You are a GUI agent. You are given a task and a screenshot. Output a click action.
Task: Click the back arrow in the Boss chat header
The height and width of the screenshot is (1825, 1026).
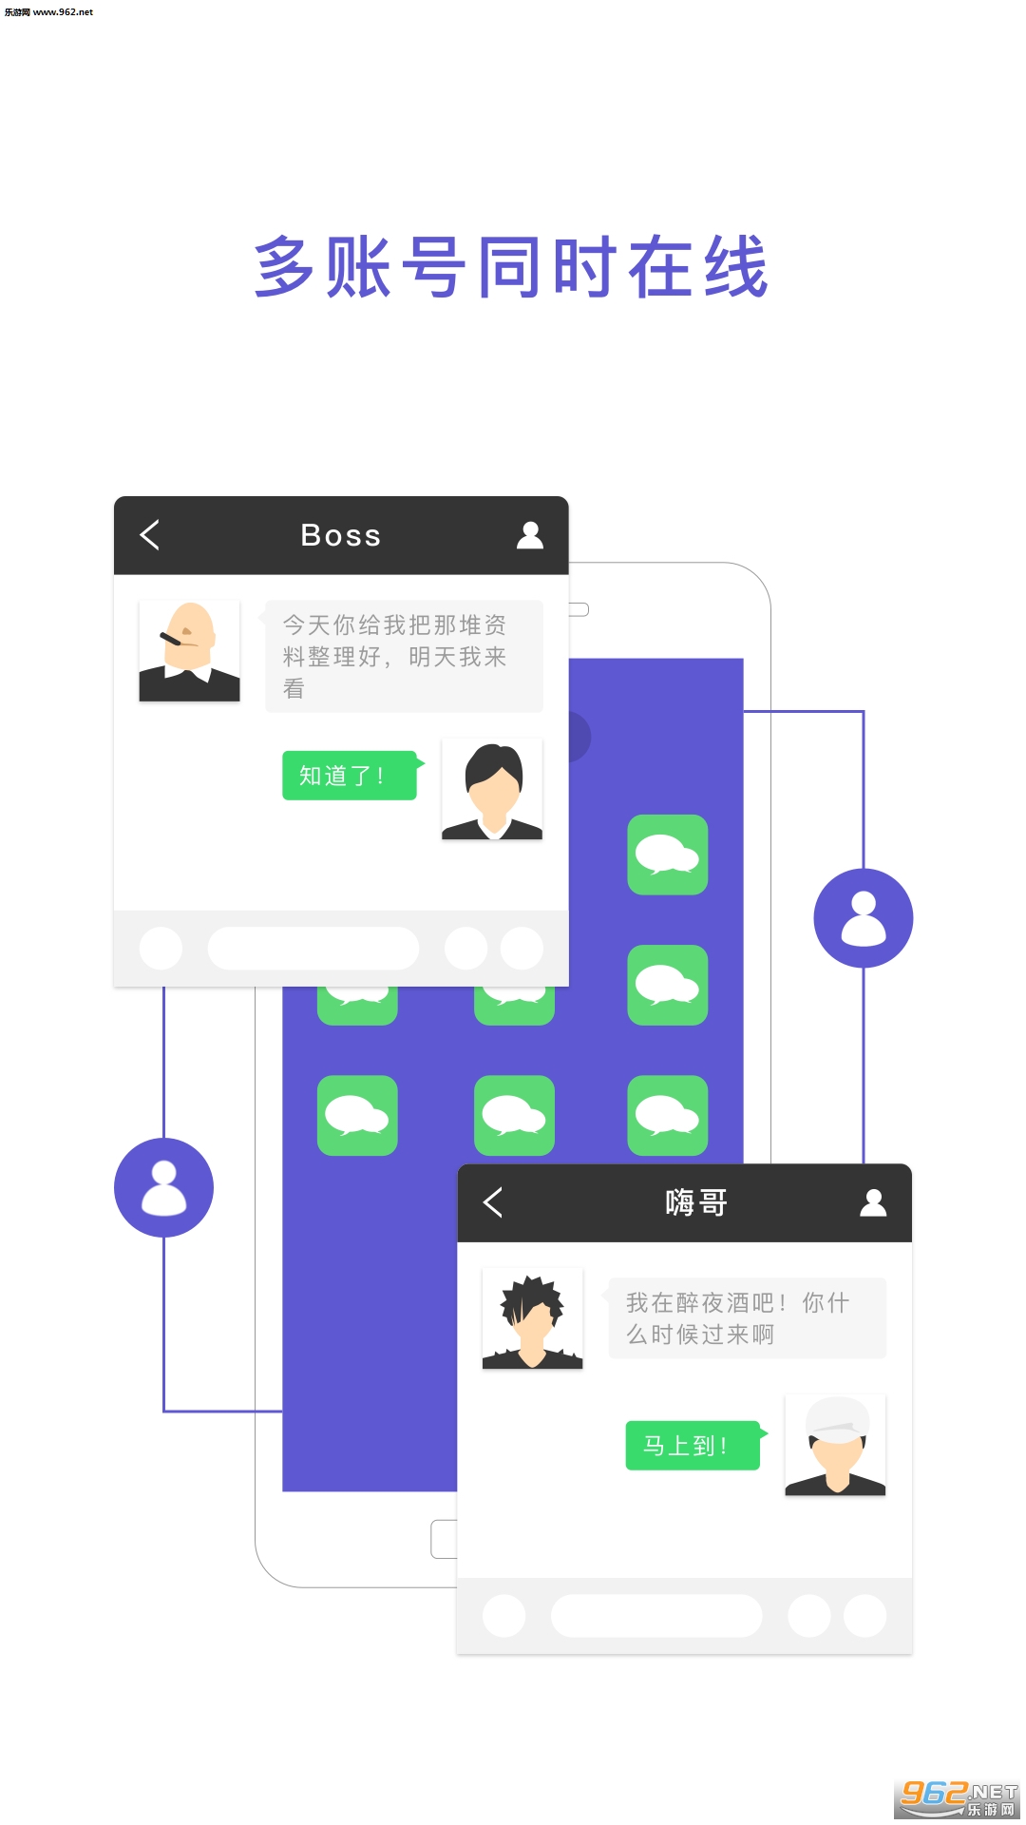(x=150, y=535)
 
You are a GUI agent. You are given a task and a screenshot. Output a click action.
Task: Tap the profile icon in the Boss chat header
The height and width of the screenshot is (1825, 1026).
(x=530, y=535)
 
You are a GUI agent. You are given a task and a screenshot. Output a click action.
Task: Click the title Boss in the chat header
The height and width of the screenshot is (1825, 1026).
(x=340, y=536)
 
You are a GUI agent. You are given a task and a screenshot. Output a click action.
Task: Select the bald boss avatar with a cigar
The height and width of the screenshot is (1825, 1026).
(x=189, y=651)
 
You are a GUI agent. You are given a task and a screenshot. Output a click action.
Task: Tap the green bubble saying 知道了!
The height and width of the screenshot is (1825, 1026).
(x=350, y=776)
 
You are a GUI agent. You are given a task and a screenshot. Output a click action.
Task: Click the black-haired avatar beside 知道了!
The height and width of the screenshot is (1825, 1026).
(x=492, y=790)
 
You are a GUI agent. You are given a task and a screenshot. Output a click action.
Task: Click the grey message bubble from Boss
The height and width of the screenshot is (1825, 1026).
(x=404, y=656)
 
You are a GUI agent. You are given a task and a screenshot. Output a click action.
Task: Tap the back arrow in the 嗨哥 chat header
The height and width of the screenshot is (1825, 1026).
(x=493, y=1202)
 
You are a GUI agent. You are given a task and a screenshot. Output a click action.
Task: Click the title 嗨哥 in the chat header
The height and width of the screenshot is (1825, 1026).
(x=696, y=1203)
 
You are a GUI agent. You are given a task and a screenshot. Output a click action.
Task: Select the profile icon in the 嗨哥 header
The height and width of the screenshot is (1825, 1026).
(x=873, y=1203)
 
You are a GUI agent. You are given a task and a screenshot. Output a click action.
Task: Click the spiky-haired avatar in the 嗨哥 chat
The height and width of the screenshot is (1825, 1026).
(x=532, y=1318)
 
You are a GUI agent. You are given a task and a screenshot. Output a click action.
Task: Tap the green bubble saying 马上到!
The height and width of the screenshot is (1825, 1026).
(x=693, y=1446)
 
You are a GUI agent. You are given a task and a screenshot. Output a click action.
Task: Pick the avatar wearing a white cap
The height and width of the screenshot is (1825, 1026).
(x=835, y=1445)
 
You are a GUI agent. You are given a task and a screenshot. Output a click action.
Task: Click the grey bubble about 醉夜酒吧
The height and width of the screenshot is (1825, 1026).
(x=747, y=1318)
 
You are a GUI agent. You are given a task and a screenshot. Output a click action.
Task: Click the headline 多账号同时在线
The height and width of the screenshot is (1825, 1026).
(x=511, y=268)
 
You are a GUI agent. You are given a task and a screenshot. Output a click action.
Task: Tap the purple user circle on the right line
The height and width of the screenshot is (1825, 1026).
(x=863, y=918)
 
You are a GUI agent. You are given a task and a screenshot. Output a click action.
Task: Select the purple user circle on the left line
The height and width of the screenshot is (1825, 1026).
(x=163, y=1188)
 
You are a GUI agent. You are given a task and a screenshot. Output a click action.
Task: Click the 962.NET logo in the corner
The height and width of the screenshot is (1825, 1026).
(x=958, y=1797)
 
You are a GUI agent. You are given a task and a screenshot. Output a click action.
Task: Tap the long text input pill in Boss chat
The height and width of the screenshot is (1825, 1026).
(x=313, y=949)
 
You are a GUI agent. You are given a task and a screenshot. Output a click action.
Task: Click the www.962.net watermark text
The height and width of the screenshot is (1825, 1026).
(x=49, y=12)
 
